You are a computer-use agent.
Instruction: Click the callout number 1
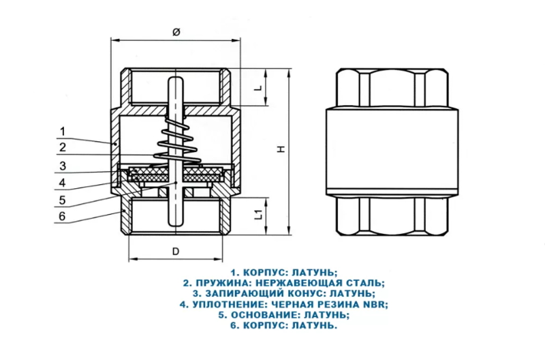click(62, 131)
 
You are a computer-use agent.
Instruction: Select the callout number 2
click(62, 148)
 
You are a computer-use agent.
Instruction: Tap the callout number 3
click(62, 166)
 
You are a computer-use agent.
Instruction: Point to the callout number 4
click(62, 183)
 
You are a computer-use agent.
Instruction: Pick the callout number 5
click(62, 200)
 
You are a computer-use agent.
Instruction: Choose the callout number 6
click(62, 217)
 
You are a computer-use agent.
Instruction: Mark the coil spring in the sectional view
click(177, 140)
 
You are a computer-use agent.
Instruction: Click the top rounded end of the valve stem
click(176, 81)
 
